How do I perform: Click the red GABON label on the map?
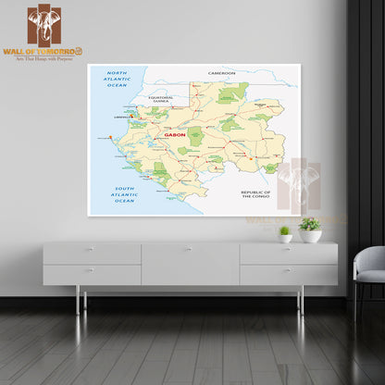(x=174, y=134)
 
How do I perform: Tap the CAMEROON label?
(x=222, y=72)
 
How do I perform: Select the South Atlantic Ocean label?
(x=124, y=193)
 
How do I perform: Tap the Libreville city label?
(x=121, y=118)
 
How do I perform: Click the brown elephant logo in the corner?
(x=43, y=26)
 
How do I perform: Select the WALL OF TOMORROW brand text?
(x=42, y=51)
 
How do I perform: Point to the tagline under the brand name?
(x=43, y=58)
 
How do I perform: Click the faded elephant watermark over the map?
(x=299, y=185)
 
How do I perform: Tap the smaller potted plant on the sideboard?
(x=284, y=234)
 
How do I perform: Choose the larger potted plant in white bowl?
(x=310, y=230)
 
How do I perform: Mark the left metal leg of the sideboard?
(x=78, y=298)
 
